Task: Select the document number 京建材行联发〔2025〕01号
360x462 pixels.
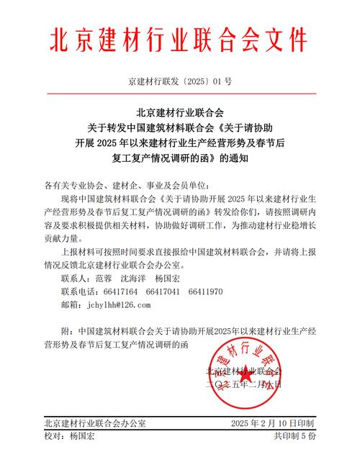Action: (180, 81)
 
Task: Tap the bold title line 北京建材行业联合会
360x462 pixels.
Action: (180, 113)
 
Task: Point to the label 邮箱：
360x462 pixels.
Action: (74, 305)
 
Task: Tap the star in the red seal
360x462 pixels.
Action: (246, 374)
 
